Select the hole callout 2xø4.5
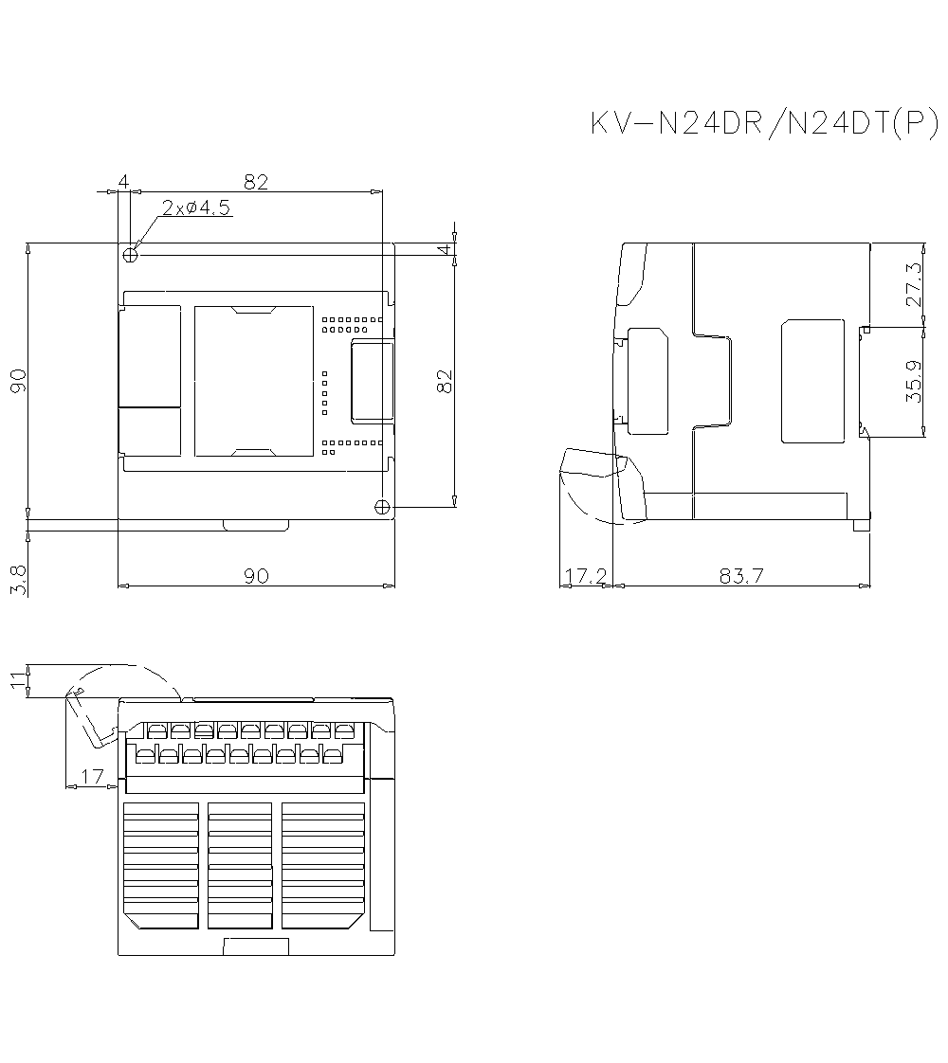pos(195,208)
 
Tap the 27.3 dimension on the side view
pos(914,283)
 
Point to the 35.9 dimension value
pos(914,382)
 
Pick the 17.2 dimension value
pos(586,575)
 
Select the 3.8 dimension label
pos(18,580)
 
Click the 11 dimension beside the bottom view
pos(18,680)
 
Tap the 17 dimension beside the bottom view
pos(92,777)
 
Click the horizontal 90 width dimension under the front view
pos(256,575)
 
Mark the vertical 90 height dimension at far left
pos(18,381)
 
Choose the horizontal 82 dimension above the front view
pos(256,182)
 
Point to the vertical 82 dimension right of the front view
pos(445,381)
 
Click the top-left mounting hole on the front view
pos(131,254)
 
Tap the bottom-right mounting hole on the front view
pos(381,507)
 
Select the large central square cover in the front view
pos(253,381)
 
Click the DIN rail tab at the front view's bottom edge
pos(256,525)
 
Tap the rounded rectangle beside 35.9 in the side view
pos(812,381)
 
